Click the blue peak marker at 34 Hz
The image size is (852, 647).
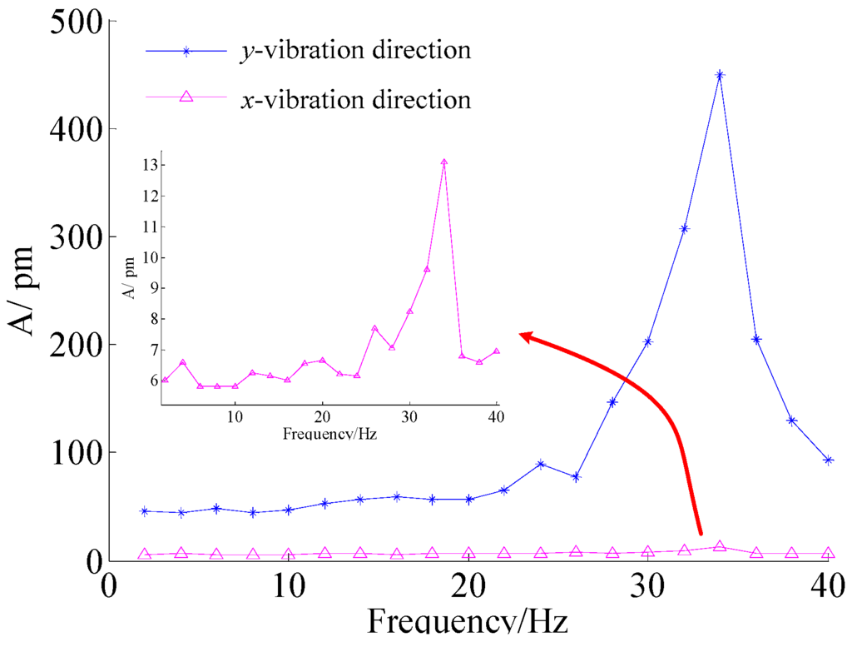pos(720,75)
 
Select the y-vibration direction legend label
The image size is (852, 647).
pos(355,50)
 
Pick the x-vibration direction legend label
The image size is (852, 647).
pos(355,100)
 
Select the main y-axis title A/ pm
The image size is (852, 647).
pos(25,290)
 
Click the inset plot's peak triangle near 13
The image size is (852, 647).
pos(444,163)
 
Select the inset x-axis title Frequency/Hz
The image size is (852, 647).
pos(329,434)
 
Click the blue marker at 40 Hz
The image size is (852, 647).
pos(828,460)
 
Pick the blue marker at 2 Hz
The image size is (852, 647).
pos(145,511)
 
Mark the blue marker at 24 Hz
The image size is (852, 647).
pos(541,464)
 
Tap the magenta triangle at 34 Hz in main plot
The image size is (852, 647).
pos(720,546)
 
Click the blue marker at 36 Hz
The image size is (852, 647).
pos(756,339)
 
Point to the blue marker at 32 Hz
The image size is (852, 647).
pos(684,228)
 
